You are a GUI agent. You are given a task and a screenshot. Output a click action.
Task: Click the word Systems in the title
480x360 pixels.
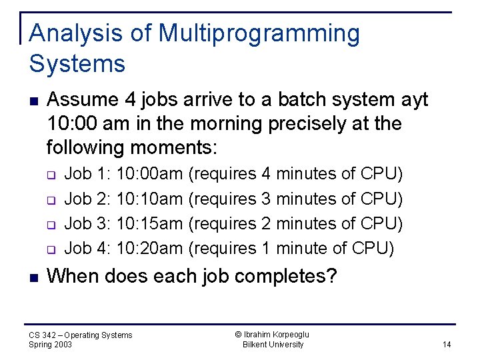pos(77,64)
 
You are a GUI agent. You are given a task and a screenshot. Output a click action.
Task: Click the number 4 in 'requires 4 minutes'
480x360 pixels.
pos(266,174)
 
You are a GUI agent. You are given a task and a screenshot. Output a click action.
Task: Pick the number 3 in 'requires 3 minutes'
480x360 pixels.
pos(266,199)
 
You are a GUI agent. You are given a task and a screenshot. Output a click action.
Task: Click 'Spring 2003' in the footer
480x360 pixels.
pos(51,345)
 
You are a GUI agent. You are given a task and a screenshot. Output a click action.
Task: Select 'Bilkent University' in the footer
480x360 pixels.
pos(273,345)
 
